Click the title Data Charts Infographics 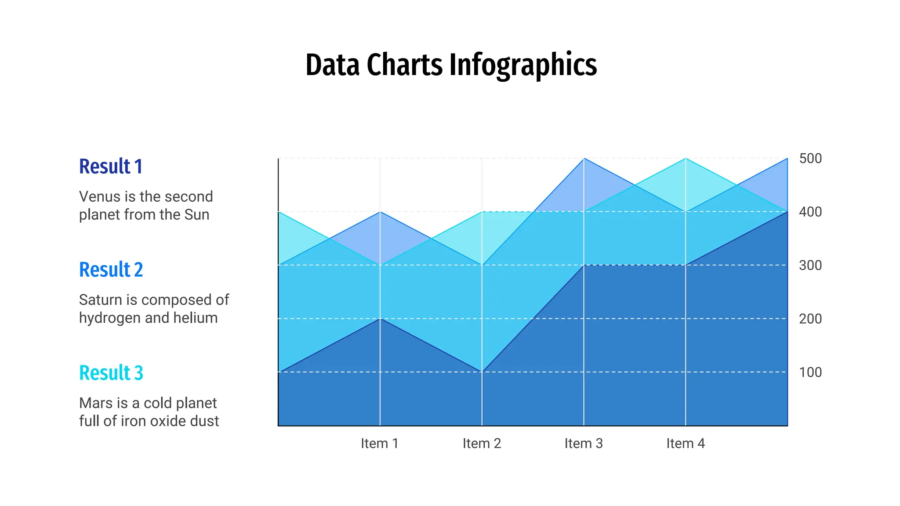tap(451, 65)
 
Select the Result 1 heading tap(111, 166)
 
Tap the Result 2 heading tap(111, 270)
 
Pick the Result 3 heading tap(111, 373)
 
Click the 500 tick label tap(810, 159)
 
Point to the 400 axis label tap(810, 212)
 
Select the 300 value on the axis tap(810, 265)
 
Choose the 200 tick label tap(810, 319)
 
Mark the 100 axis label tap(810, 372)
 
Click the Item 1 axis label tap(380, 444)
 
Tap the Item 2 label tap(482, 444)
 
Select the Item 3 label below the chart tap(584, 444)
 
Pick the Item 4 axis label tap(686, 444)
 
